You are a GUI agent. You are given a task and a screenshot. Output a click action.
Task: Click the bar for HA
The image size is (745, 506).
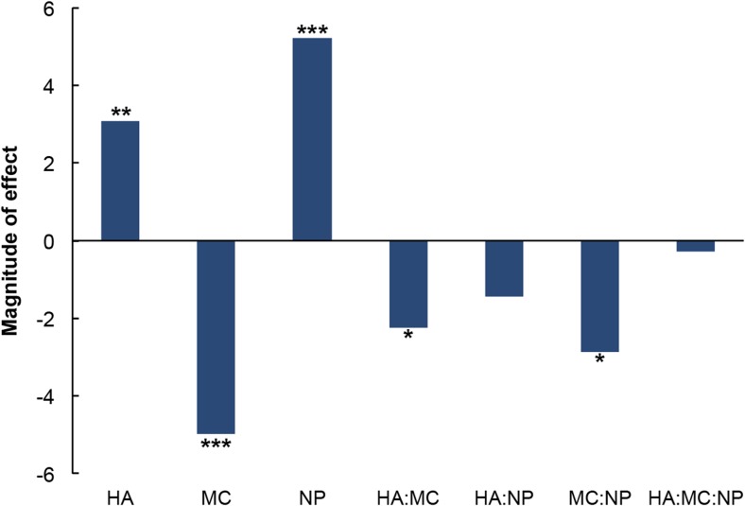[x=120, y=181]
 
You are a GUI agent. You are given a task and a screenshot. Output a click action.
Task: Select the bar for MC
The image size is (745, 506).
[x=216, y=337]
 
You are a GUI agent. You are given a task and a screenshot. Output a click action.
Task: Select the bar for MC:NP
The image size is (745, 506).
[x=599, y=296]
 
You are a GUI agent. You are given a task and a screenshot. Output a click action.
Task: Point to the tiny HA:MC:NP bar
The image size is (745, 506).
[x=695, y=246]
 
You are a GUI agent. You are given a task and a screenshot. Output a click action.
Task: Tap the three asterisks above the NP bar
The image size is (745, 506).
[x=312, y=31]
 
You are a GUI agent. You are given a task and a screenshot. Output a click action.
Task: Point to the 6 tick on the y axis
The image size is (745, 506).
[x=50, y=9]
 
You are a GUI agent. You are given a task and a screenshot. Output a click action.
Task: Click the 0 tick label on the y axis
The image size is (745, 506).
[x=50, y=241]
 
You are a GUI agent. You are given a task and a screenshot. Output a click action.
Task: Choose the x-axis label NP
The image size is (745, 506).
[x=312, y=495]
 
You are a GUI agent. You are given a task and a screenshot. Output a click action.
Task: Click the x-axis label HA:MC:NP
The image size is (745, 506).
[x=695, y=495]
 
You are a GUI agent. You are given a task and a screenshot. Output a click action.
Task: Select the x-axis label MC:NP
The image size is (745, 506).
[x=599, y=495]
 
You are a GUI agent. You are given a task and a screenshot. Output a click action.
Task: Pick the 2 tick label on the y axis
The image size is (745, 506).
[x=50, y=164]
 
